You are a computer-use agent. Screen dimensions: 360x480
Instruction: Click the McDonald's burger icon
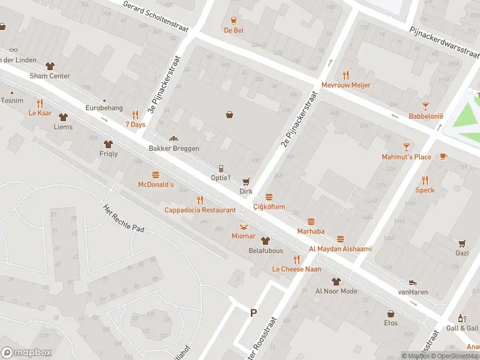click(x=156, y=175)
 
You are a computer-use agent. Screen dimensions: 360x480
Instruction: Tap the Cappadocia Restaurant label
click(x=200, y=210)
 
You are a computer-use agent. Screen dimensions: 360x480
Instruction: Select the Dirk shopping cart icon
click(x=245, y=181)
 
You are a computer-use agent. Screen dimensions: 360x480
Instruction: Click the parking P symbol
click(x=253, y=312)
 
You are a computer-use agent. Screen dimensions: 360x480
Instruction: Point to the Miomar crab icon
click(x=244, y=226)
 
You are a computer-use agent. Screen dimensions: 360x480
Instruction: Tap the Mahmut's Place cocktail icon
click(x=406, y=147)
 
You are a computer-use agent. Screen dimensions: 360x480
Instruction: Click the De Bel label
click(x=233, y=30)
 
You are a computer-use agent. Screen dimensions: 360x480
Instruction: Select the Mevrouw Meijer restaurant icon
click(x=345, y=75)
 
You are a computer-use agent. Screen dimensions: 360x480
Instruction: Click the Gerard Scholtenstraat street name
click(x=155, y=17)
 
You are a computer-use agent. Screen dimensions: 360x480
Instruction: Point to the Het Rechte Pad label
click(x=124, y=217)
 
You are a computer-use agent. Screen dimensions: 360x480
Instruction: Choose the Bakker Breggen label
click(x=174, y=148)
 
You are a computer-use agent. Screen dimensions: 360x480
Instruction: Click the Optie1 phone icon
click(x=221, y=168)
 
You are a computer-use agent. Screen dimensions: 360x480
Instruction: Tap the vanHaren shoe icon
click(x=413, y=283)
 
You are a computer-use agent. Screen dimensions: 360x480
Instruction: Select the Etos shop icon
click(x=391, y=313)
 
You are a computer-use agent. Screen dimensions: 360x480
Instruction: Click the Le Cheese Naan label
click(x=296, y=269)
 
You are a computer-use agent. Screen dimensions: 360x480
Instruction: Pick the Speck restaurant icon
click(x=425, y=180)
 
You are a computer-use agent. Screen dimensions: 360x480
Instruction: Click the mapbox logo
click(x=26, y=352)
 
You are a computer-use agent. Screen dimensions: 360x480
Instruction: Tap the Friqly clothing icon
click(x=108, y=144)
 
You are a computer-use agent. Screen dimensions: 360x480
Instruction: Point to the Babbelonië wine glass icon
click(x=425, y=106)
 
